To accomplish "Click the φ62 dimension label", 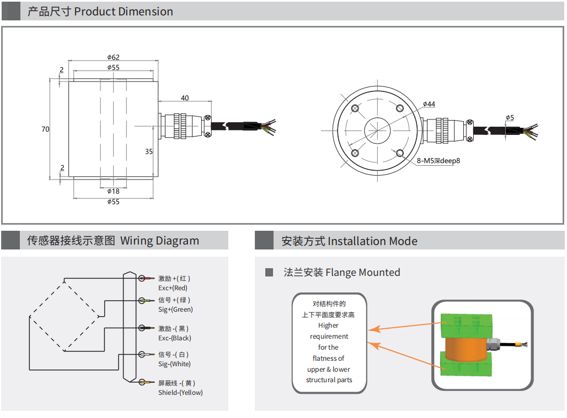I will tap(113, 57).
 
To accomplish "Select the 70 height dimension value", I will tap(45, 129).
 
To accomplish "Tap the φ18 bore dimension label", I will tap(113, 191).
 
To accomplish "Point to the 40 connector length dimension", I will tap(185, 98).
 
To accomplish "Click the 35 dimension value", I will tap(149, 151).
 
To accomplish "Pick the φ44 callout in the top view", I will tap(429, 104).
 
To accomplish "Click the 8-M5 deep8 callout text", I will tap(438, 161).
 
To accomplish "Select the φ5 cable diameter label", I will tap(510, 117).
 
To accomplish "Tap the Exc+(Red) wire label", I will tap(173, 288).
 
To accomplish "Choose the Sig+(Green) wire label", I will tap(175, 310).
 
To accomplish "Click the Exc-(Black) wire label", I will tap(174, 338).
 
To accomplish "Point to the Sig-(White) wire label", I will tap(174, 364).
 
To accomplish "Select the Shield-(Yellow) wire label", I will tap(180, 393).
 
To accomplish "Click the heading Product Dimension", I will tap(123, 12).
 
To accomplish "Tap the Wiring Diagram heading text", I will tap(159, 241).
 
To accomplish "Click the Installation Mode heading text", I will tap(372, 241).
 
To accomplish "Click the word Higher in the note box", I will tap(328, 325).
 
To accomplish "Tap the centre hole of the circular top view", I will tap(378, 131).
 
